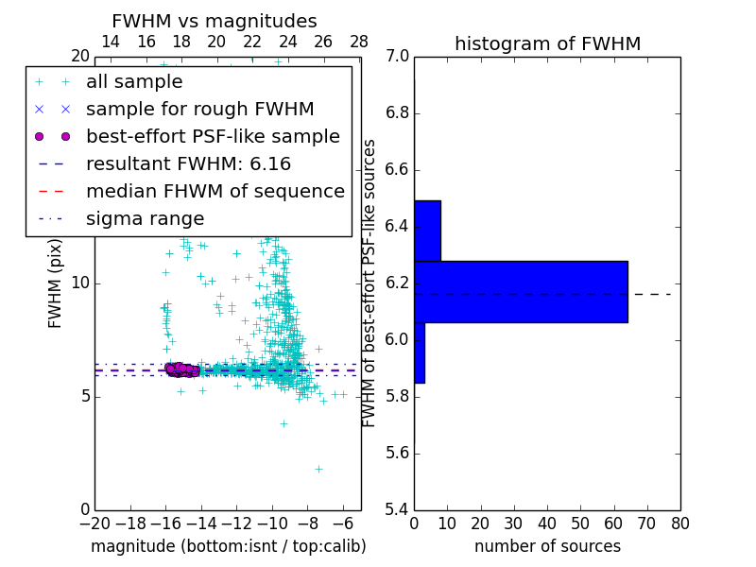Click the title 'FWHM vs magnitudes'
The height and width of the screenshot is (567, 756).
pos(215,22)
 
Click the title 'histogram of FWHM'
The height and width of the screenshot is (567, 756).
pos(547,43)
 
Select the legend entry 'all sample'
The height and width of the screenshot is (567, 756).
pos(134,82)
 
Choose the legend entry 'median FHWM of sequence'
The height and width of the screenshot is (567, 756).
pos(215,192)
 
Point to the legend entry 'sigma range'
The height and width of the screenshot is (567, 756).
pos(145,219)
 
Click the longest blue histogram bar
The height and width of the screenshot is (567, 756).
pos(521,291)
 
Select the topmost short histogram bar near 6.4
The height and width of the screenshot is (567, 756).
pos(427,231)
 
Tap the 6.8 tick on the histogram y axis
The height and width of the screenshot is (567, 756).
pos(397,113)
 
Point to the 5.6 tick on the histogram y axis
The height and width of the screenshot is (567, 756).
pos(397,454)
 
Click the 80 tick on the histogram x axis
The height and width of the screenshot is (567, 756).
pos(679,522)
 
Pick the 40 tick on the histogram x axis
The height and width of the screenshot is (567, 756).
pos(547,522)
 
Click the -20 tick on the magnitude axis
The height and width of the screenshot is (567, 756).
pos(94,522)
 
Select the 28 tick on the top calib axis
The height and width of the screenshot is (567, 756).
pos(359,42)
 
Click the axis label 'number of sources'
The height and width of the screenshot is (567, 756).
pos(547,546)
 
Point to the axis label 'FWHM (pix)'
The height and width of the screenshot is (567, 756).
pos(56,283)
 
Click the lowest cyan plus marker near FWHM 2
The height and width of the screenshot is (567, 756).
pos(318,468)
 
